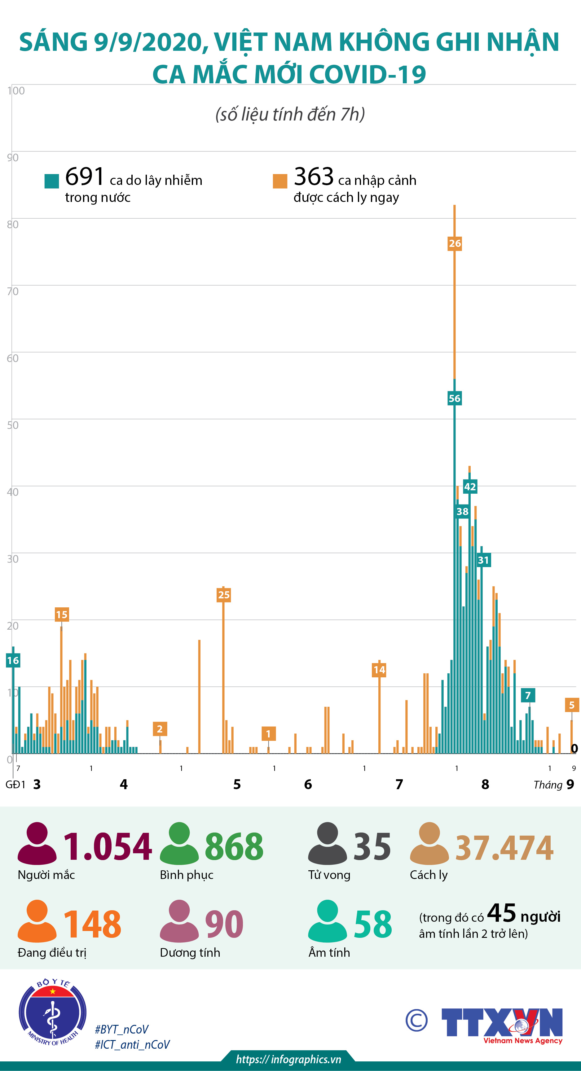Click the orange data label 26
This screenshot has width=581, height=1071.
(455, 243)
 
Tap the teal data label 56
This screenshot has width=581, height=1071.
(454, 398)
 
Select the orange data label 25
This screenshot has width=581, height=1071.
(223, 595)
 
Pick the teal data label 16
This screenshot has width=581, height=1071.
(12, 660)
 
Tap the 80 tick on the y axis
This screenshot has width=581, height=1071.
(12, 225)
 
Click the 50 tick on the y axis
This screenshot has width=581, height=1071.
(12, 425)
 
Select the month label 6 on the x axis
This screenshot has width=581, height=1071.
(308, 784)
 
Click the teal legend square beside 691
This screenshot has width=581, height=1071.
(51, 181)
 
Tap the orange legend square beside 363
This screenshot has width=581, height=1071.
(280, 181)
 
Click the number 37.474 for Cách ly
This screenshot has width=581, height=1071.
(504, 848)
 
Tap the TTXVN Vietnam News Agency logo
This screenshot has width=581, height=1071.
(502, 1024)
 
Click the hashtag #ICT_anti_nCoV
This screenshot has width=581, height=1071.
(132, 1044)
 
